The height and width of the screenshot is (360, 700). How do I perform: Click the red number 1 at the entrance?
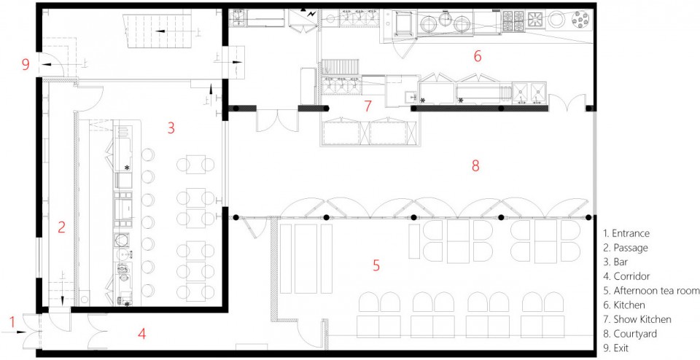(x=12, y=321)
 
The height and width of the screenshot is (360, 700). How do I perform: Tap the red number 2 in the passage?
(x=61, y=227)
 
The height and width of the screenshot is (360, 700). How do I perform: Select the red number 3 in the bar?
(x=171, y=128)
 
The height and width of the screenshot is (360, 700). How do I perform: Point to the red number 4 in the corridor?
(x=141, y=333)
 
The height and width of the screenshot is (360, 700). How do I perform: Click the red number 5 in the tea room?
(x=376, y=265)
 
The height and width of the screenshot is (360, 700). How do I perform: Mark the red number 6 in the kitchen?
(x=478, y=56)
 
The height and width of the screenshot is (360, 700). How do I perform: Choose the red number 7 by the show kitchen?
(x=367, y=106)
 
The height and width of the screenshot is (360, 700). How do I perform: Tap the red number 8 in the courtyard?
(x=475, y=165)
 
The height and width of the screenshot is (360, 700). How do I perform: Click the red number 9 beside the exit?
(x=26, y=65)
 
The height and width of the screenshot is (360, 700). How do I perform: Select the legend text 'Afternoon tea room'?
(x=656, y=291)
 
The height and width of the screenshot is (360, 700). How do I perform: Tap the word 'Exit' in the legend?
(x=621, y=348)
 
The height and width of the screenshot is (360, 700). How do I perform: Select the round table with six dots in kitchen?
(x=582, y=20)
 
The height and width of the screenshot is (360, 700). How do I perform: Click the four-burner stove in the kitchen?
(x=513, y=21)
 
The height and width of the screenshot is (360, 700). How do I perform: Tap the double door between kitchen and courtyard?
(x=567, y=103)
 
